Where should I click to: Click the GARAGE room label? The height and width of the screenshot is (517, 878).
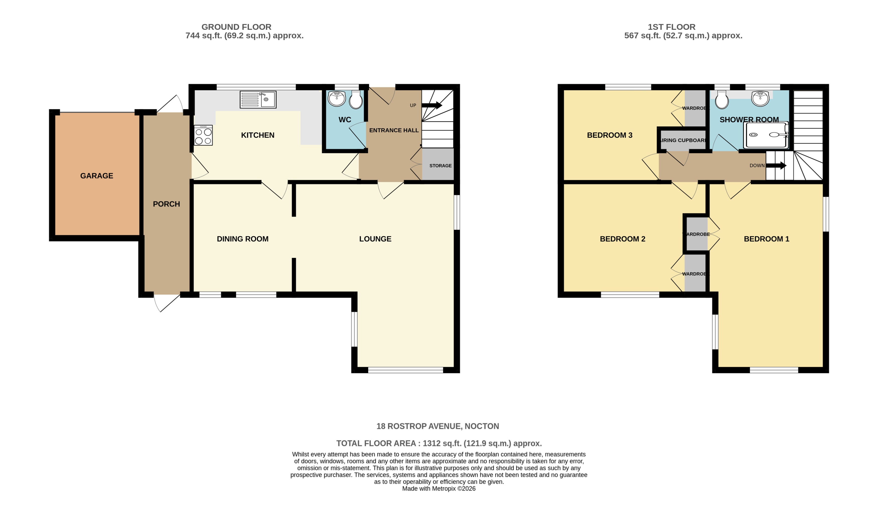(97, 176)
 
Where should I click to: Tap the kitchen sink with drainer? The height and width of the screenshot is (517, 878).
(258, 100)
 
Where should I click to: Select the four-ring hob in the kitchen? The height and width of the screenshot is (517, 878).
(203, 135)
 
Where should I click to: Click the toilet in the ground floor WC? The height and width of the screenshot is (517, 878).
(356, 100)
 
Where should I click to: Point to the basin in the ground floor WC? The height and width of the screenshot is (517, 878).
(337, 99)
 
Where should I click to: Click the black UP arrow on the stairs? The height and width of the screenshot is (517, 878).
(431, 105)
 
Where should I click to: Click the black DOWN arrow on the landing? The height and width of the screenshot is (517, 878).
(776, 166)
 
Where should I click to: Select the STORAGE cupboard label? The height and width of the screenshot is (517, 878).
(441, 166)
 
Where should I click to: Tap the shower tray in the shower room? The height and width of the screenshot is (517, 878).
(765, 135)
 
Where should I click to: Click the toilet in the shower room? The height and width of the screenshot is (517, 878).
(721, 100)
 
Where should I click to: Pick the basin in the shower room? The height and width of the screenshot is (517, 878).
(760, 98)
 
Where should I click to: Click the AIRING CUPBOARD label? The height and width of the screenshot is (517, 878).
(683, 140)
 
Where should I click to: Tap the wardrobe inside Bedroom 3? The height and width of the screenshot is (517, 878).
(695, 108)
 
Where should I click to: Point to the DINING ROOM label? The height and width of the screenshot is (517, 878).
(243, 239)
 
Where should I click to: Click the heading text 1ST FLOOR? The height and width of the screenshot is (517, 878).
(671, 27)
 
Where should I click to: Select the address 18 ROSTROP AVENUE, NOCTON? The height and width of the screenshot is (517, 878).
(437, 426)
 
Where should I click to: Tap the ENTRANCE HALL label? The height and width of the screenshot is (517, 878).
(394, 130)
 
